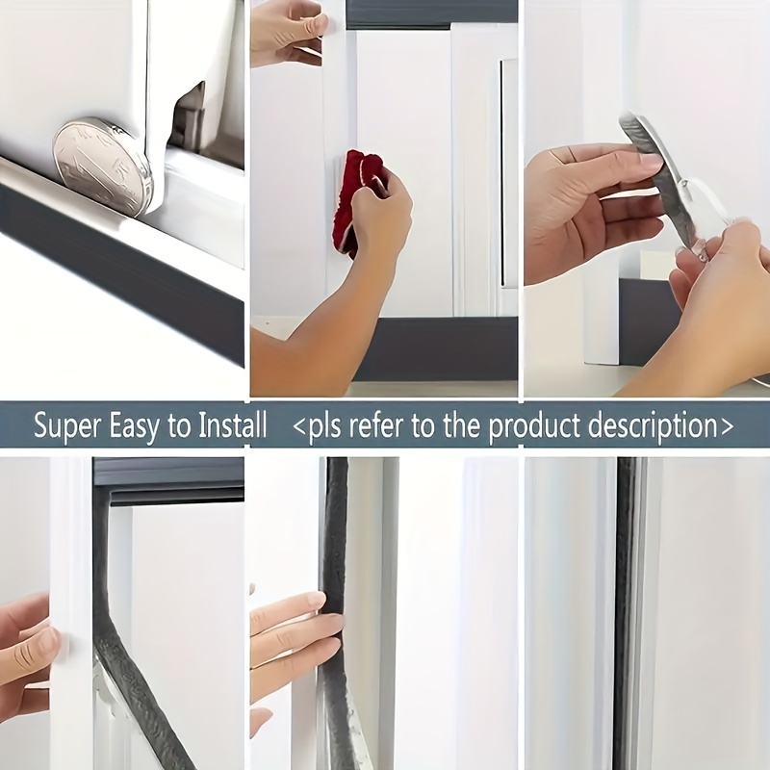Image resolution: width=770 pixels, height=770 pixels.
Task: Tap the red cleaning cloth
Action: pos(358,201)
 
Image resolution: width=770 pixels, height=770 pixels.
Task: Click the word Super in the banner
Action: pos(66,426)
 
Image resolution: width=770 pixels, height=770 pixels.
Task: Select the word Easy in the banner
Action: pos(134,426)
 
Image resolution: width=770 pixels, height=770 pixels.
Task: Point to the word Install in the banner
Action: pos(232,424)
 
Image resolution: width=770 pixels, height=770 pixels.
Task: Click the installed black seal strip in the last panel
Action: pos(627,614)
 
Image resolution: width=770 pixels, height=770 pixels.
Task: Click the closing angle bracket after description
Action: pos(727,426)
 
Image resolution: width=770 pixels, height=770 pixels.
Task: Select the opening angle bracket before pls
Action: pos(299,426)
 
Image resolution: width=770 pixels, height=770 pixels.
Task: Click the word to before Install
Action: pos(179,426)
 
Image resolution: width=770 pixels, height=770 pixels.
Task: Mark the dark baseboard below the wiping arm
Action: pos(435,348)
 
